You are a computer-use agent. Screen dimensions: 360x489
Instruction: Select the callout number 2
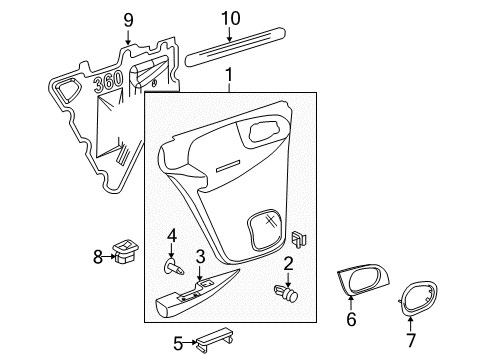[287, 263]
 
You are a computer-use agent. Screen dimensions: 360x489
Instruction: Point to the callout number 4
[172, 237]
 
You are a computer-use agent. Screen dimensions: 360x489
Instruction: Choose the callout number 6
[350, 320]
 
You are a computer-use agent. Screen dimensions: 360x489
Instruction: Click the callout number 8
[98, 257]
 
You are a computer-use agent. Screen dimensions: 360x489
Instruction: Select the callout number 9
[127, 19]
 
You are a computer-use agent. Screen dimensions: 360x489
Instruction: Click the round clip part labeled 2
[287, 293]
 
